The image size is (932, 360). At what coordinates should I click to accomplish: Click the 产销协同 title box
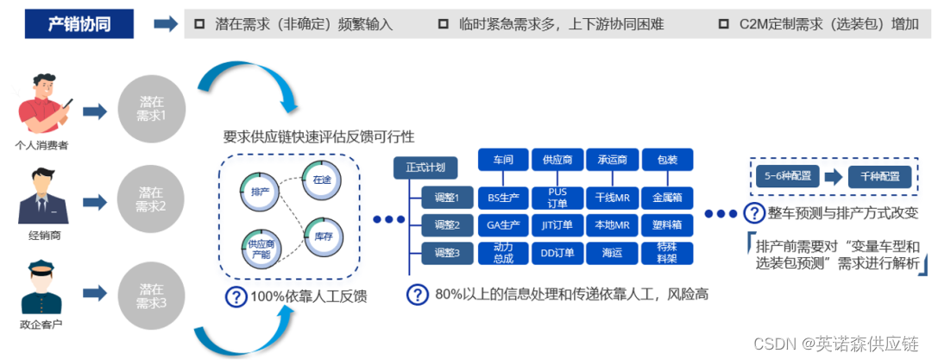coord(79,23)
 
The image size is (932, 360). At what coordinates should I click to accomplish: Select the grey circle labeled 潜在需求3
coord(151,296)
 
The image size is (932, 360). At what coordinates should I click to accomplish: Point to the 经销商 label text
coord(43,235)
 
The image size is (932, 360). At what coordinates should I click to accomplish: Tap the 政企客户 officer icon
coord(43,291)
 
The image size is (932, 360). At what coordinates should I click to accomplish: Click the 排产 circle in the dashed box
coord(260,190)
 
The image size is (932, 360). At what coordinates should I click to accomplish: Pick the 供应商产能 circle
coord(259,249)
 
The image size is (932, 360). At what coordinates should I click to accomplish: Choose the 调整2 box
coord(446,226)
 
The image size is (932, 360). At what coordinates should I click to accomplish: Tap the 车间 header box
coord(503,160)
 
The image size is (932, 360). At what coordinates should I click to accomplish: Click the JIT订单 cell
coord(557,226)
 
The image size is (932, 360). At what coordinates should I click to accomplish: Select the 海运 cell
coord(612,254)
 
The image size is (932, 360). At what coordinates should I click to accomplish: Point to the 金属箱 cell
coord(667,198)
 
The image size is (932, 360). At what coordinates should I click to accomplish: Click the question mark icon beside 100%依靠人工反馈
coord(235,296)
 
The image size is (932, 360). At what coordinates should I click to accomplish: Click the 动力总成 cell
coord(503,254)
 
